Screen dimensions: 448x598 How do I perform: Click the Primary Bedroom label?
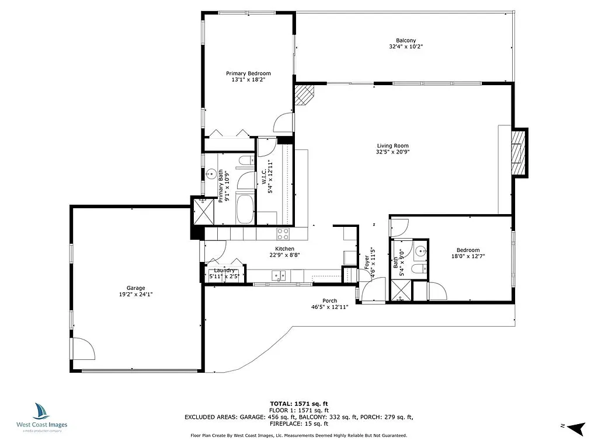pos(248,73)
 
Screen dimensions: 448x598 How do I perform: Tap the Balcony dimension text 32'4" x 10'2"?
pos(405,46)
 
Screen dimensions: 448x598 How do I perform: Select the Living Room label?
pos(392,146)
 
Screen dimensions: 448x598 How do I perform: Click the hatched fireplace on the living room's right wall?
pos(517,152)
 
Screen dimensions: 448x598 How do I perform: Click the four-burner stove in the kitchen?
pos(283,234)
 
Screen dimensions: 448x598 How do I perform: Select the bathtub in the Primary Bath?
pos(245,209)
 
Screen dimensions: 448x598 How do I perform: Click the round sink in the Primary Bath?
pos(211,174)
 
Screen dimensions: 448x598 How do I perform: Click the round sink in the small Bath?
pos(420,251)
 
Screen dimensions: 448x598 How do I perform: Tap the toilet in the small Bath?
pos(419,269)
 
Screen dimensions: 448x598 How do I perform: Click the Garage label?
pos(136,288)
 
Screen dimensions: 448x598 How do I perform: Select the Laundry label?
pos(224,270)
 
